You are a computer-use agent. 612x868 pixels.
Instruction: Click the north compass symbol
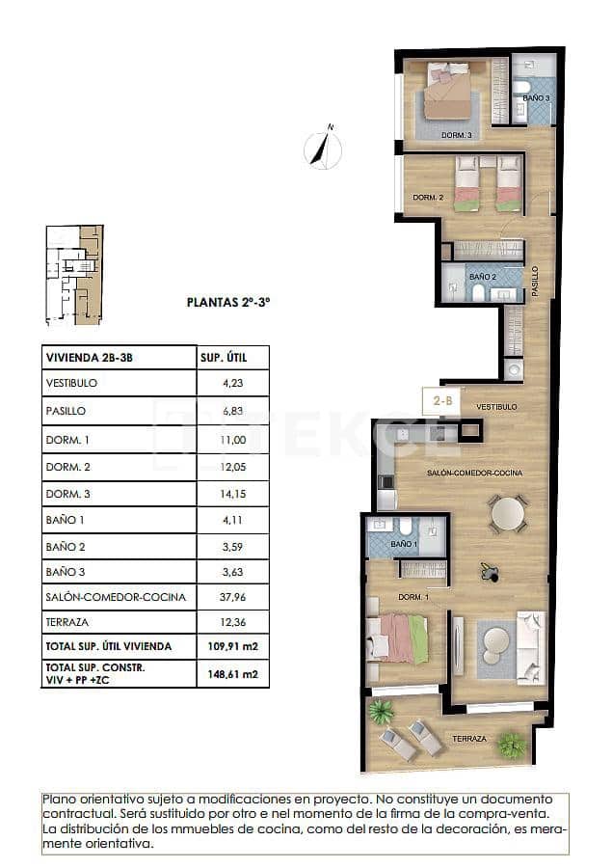tap(324, 149)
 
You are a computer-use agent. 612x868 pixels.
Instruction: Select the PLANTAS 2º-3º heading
tap(227, 302)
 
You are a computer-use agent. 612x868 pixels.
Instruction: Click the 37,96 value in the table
tap(232, 597)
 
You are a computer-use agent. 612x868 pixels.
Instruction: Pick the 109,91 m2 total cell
tap(232, 645)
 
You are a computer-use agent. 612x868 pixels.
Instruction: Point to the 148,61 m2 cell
tap(232, 673)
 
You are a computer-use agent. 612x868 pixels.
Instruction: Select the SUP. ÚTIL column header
tap(224, 357)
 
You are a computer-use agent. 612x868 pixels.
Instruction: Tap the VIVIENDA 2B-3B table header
tap(89, 357)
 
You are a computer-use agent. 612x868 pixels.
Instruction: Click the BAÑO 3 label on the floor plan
tap(537, 98)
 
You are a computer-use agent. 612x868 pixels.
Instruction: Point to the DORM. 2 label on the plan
tap(428, 197)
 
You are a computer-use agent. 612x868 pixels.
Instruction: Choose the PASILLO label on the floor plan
tap(535, 281)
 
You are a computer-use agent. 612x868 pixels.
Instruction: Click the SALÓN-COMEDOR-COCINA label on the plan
tap(475, 473)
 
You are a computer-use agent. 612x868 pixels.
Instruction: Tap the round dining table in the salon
tap(507, 514)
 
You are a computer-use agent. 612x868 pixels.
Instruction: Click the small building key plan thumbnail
tap(73, 275)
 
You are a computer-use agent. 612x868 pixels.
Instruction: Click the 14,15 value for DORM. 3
tap(232, 494)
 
